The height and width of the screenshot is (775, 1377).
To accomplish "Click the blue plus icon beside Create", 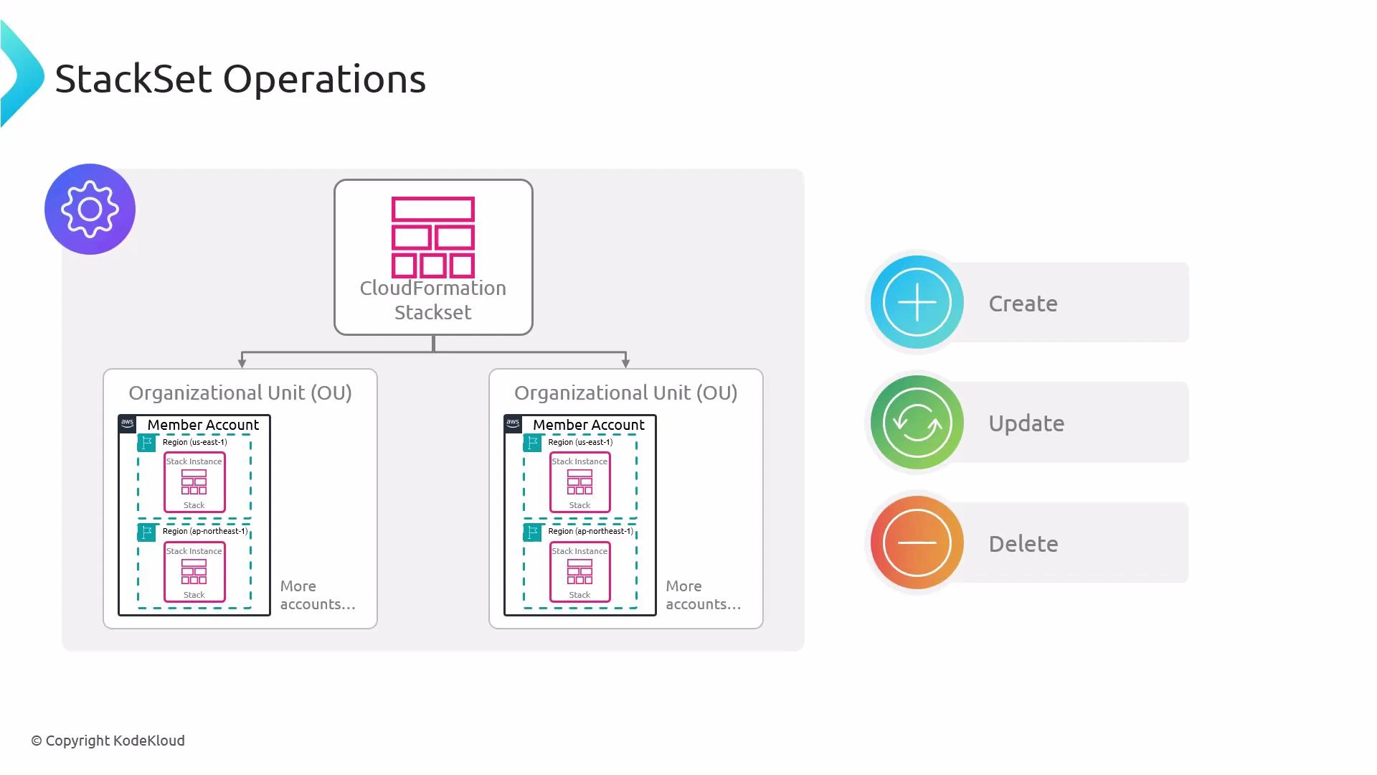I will pos(917,302).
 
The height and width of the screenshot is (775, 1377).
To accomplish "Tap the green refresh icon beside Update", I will pos(917,423).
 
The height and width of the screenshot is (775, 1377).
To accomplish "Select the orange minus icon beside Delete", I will pos(917,542).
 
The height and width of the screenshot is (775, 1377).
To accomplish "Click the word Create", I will pos(1023,304).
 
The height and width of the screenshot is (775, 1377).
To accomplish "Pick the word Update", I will pos(1026,423).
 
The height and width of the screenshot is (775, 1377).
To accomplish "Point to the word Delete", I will pos(1023,544).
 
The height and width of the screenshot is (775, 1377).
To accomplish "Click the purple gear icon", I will pos(90,209).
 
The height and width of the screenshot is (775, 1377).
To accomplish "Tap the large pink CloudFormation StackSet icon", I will pos(433,237).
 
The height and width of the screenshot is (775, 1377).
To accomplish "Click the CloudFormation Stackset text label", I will pos(433,300).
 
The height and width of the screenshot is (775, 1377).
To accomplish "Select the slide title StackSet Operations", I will pos(240,78).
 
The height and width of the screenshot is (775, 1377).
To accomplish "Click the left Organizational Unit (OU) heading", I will pos(240,393).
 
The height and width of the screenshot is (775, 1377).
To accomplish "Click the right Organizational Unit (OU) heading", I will pos(625,393).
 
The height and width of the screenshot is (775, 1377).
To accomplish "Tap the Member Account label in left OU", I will pos(203,425).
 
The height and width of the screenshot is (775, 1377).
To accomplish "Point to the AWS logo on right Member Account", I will pos(513,423).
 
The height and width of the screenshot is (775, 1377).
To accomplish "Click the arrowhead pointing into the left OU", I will pos(242,363).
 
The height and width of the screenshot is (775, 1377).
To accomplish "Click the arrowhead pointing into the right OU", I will pos(625,363).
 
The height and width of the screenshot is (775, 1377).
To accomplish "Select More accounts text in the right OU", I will pos(703,595).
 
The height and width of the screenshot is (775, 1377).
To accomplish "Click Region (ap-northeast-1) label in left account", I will pos(204,531).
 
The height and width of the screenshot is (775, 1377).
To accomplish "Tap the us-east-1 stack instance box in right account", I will pos(579,482).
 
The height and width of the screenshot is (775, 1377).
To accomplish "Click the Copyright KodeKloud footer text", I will pos(108,741).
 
